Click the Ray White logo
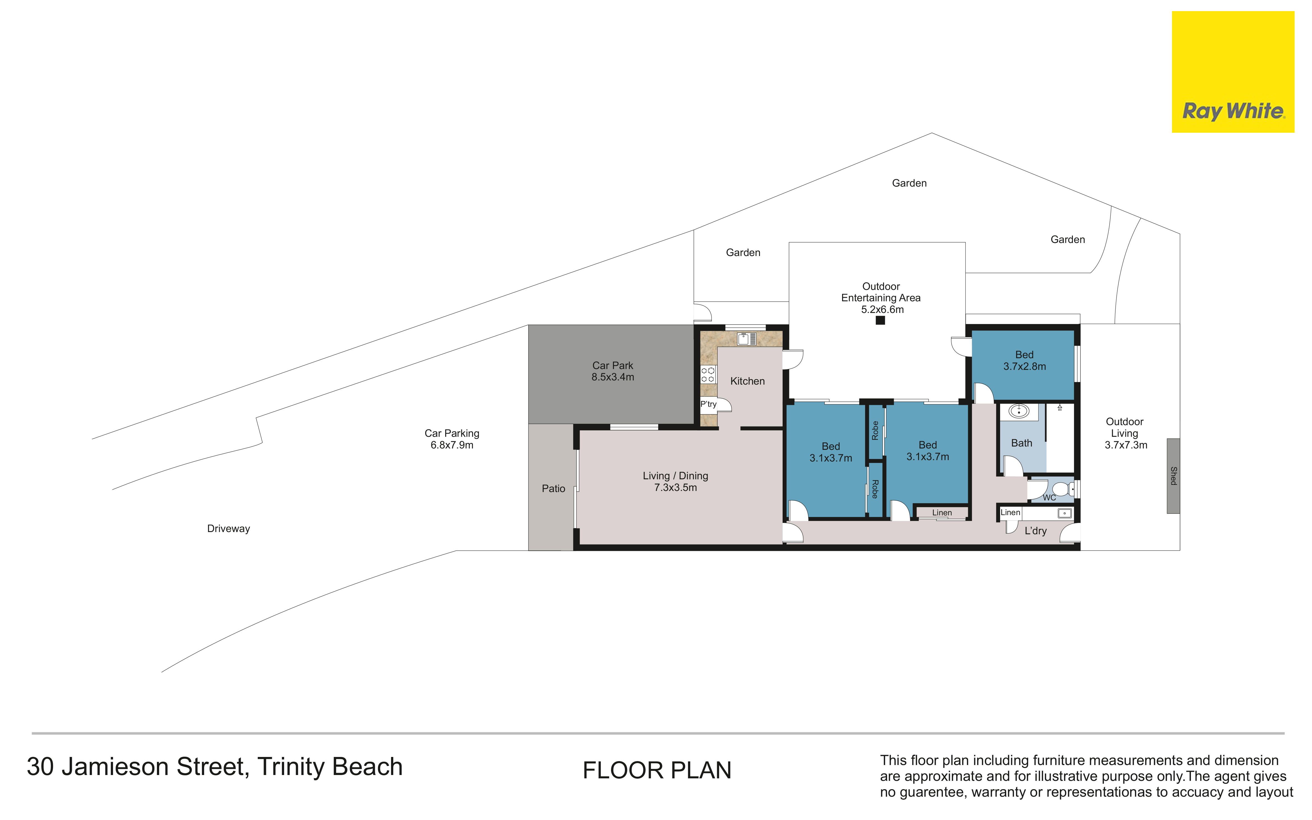(1233, 72)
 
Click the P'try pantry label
(708, 404)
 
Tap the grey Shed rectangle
(1173, 476)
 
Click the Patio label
(553, 489)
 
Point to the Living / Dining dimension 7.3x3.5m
(675, 488)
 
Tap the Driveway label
(228, 529)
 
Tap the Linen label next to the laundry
(1010, 513)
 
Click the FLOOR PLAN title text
(657, 771)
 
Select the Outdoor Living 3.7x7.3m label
(1125, 433)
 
